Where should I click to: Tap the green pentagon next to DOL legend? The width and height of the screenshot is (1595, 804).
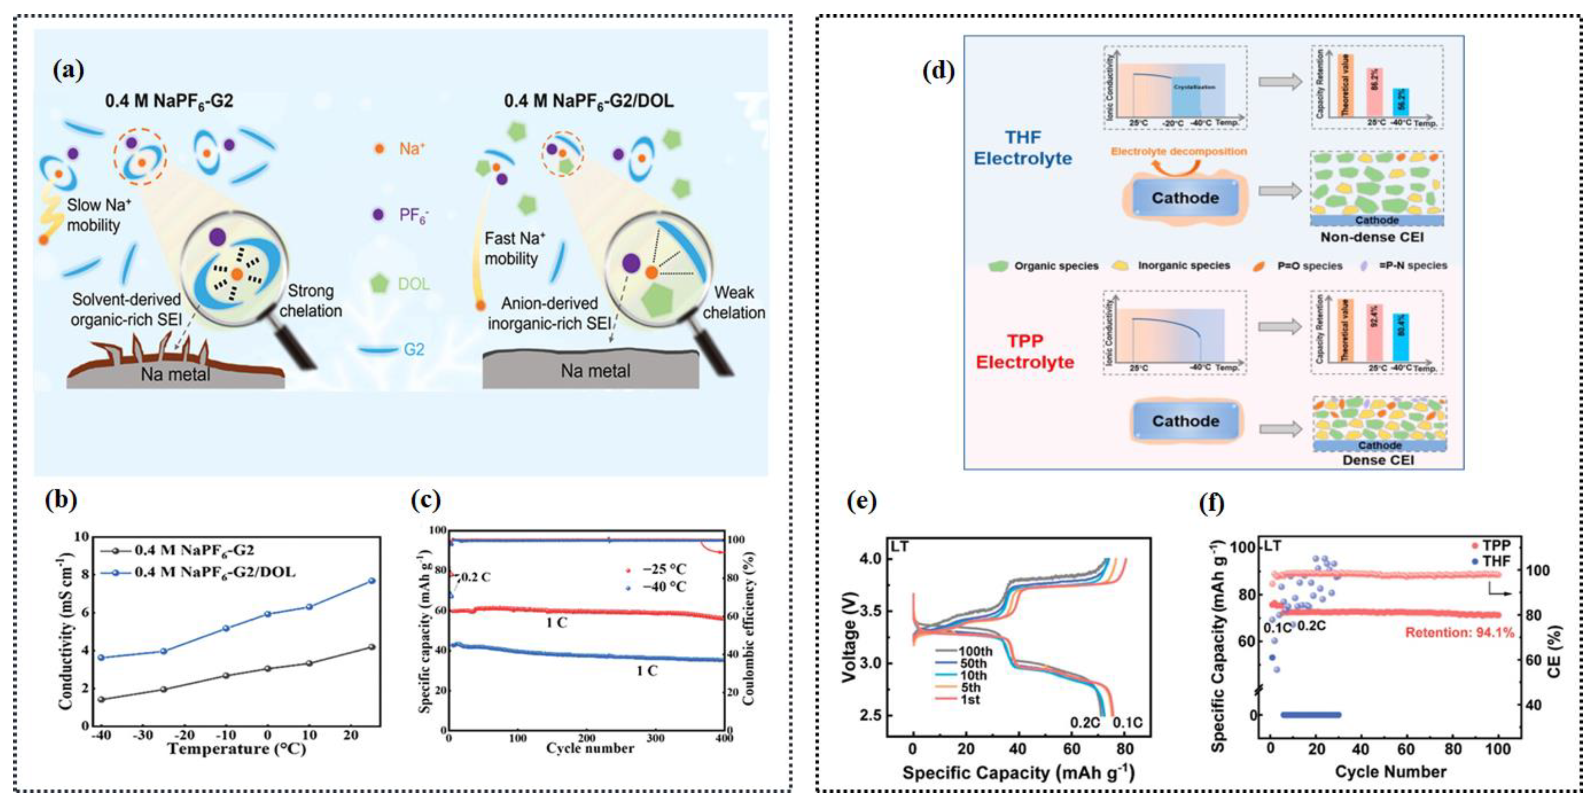click(x=379, y=284)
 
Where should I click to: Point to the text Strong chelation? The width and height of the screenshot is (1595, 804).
click(x=310, y=301)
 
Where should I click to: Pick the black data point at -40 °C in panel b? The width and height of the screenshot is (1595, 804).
click(x=101, y=699)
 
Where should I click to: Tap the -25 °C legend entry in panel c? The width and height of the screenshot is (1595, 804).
click(x=656, y=569)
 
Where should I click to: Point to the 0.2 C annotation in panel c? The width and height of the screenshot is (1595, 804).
click(x=476, y=577)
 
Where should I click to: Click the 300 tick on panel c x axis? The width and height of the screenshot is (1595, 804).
click(x=655, y=738)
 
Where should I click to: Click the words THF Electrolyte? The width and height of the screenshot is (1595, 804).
click(x=1023, y=148)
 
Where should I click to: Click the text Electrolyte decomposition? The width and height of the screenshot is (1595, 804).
click(x=1178, y=151)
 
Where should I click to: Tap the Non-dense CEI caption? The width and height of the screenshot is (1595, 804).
click(x=1371, y=237)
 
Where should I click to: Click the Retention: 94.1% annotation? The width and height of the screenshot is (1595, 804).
click(x=1459, y=632)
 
